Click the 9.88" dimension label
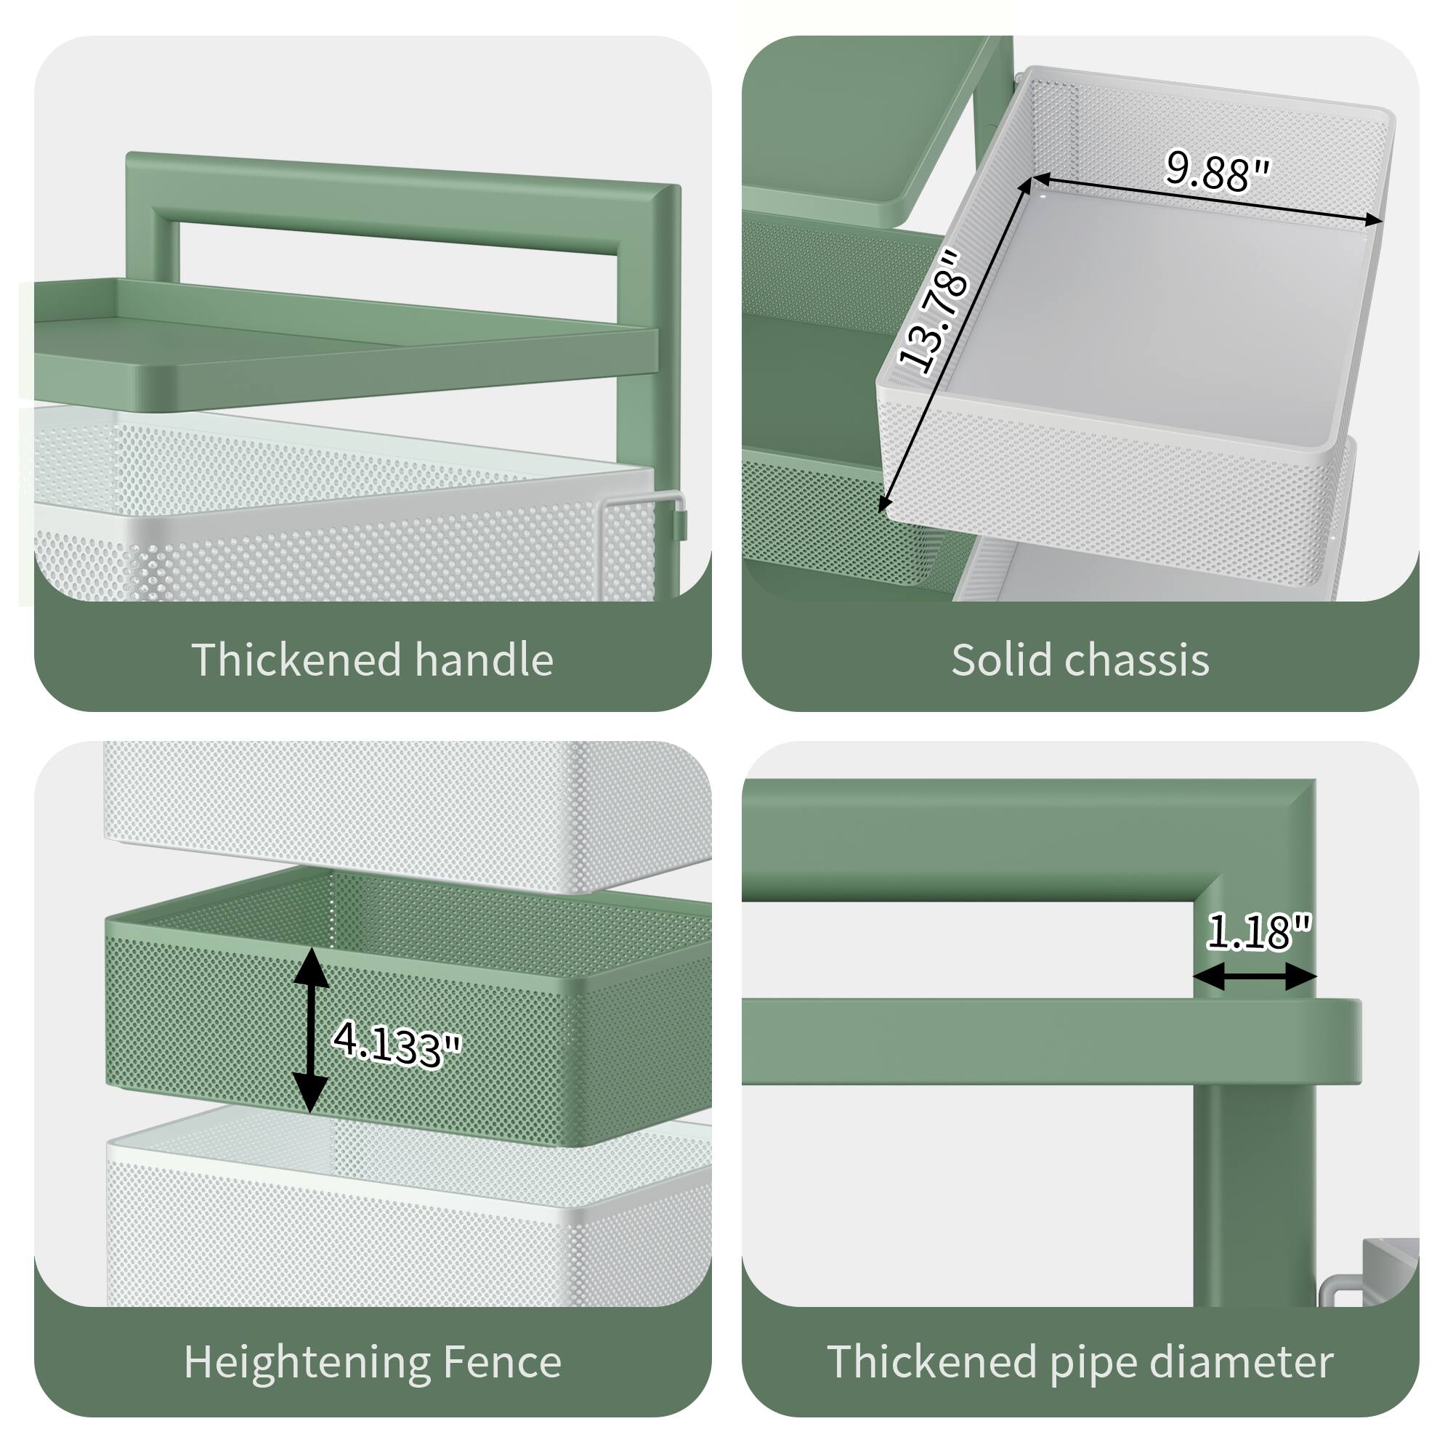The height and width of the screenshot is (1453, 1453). click(x=1217, y=171)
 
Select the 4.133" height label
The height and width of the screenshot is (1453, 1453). click(x=397, y=1043)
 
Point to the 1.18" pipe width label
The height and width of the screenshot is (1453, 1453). click(x=1259, y=931)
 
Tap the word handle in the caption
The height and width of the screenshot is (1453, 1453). click(x=484, y=660)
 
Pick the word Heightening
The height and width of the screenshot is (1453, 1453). click(x=306, y=1363)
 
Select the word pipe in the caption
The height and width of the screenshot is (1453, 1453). click(x=1093, y=1363)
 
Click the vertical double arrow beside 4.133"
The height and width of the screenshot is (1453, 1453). click(x=311, y=1029)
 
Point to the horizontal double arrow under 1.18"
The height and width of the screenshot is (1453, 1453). click(x=1255, y=978)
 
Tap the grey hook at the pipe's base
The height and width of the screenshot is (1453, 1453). click(x=1346, y=1287)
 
